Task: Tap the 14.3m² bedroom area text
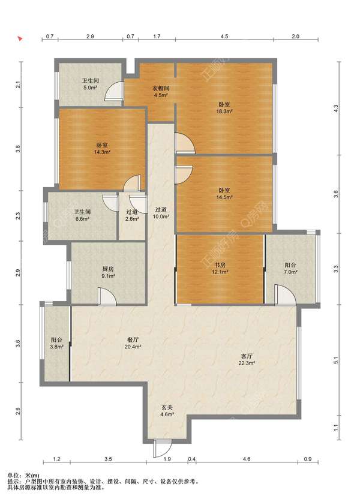[x=102, y=152]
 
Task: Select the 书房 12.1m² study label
[x=220, y=268]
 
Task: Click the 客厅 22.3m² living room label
[x=247, y=359]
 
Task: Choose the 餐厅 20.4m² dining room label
[x=133, y=343]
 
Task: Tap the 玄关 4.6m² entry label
[x=167, y=411]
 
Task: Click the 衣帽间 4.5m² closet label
[x=161, y=92]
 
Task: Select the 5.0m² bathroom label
[x=90, y=84]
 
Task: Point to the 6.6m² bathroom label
[x=83, y=215]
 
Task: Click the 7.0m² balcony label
[x=290, y=268]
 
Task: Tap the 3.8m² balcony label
[x=56, y=343]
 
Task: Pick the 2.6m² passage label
[x=132, y=215]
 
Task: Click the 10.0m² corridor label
[x=161, y=213]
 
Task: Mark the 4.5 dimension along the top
[x=224, y=36]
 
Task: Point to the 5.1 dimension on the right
[x=335, y=360]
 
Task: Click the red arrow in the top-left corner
[x=20, y=39]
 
